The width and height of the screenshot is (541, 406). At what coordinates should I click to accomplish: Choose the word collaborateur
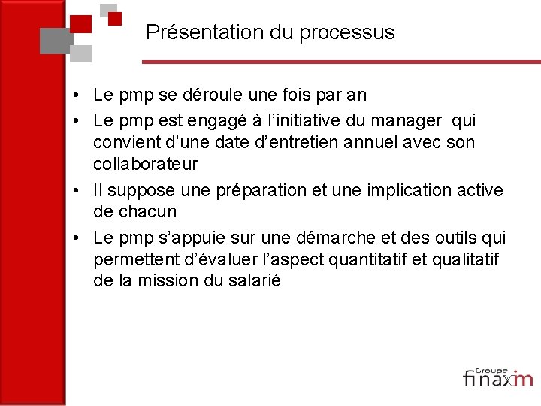tap(145, 164)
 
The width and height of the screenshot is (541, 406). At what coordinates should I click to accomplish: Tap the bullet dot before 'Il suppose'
tap(77, 191)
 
